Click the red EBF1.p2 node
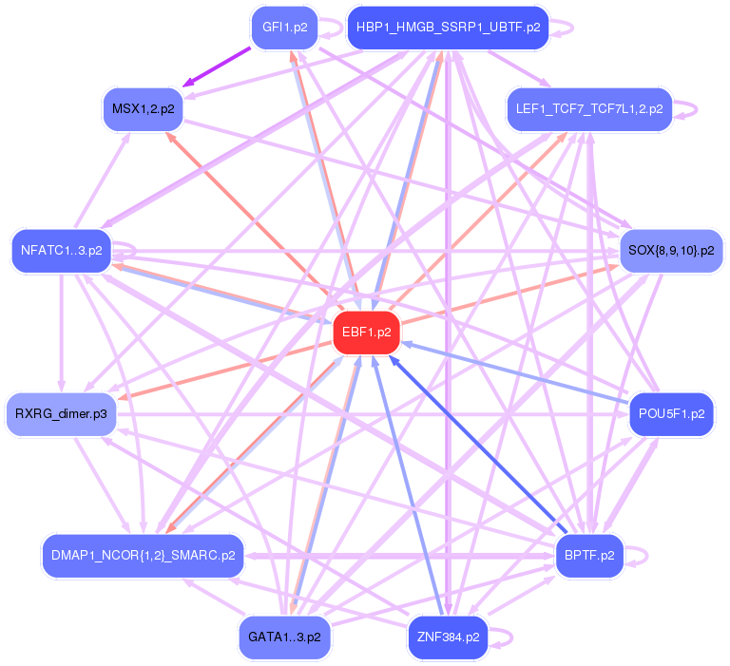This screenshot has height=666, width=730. point(366,333)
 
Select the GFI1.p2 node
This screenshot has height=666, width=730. point(284,27)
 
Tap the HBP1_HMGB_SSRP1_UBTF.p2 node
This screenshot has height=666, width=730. point(448,27)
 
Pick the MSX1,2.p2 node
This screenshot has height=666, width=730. point(143,109)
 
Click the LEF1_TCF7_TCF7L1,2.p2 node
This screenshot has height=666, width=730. point(589,109)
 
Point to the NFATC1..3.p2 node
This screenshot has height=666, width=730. point(62,252)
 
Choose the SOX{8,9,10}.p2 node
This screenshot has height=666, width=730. point(671,251)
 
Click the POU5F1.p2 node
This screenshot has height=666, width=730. point(671,415)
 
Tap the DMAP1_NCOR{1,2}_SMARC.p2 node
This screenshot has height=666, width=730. point(144,555)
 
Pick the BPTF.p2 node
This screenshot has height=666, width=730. point(589,555)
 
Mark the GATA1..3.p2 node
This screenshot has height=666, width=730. point(284,637)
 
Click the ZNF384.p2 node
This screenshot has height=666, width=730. point(448,637)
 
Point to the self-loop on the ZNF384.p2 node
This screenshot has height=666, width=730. point(504,637)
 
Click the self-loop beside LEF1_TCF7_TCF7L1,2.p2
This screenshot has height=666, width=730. point(688,109)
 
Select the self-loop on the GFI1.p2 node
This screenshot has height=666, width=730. point(333,27)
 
